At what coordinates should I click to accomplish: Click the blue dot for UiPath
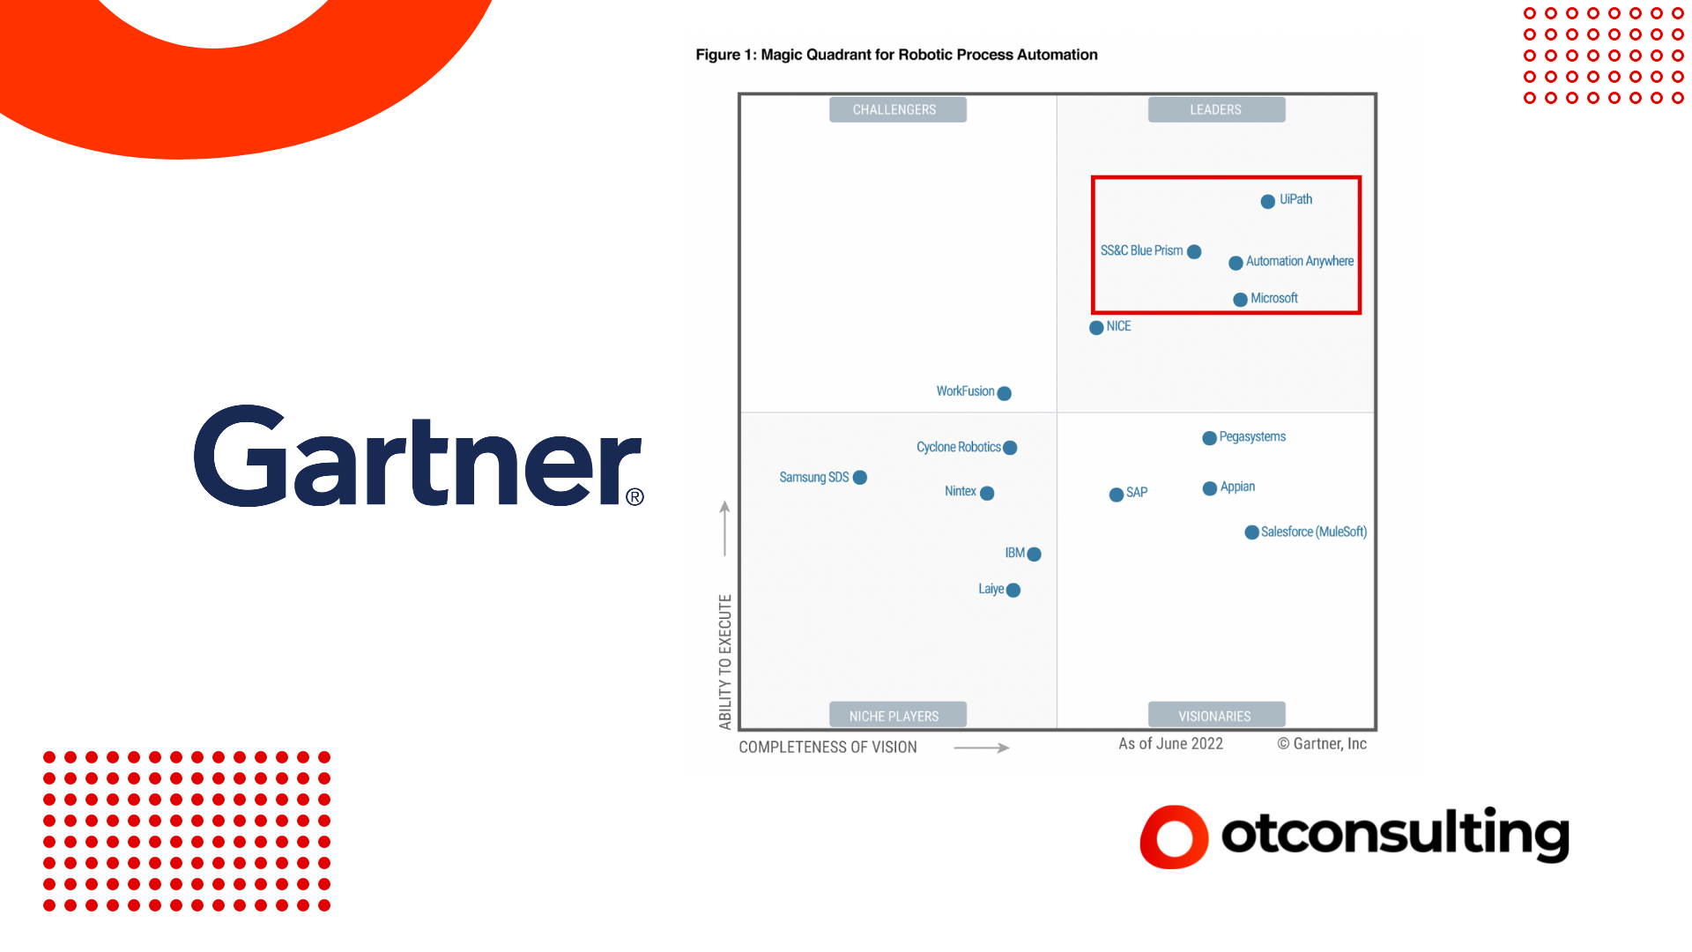[x=1267, y=202]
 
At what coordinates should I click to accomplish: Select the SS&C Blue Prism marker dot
[x=1194, y=252]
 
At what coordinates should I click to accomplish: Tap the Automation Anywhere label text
[x=1300, y=262]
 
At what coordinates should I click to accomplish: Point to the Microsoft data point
[x=1240, y=300]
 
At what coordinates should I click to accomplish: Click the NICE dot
[x=1096, y=328]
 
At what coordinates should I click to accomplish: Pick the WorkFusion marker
[x=1004, y=394]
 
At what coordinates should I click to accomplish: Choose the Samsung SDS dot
[x=860, y=478]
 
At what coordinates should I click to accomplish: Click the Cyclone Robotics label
[x=959, y=447]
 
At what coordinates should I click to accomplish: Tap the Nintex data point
[x=987, y=494]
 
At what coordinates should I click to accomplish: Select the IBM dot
[x=1035, y=554]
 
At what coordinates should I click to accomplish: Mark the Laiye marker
[x=1013, y=591]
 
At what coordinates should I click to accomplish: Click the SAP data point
[x=1117, y=495]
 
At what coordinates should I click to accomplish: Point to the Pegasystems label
[x=1252, y=437]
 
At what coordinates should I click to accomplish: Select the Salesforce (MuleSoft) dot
[x=1251, y=532]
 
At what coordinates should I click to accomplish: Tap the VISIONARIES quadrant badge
[x=1216, y=715]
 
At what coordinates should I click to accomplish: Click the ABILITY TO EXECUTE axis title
[x=725, y=662]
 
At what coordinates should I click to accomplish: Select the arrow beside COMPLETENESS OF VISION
[x=982, y=748]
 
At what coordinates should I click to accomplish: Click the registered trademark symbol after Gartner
[x=634, y=497]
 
